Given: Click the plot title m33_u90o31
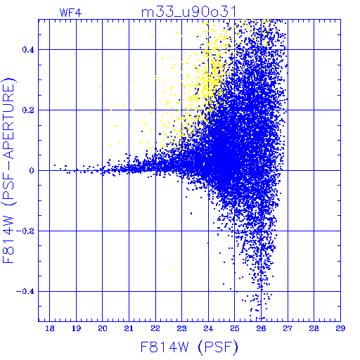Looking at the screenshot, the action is click(188, 12).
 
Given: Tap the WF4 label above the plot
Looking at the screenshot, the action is click(70, 13).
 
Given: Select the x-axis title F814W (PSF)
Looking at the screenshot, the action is click(189, 347).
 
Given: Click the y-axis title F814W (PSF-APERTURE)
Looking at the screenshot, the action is click(8, 170).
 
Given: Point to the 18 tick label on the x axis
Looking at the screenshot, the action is click(50, 328).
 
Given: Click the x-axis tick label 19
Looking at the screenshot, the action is click(76, 328).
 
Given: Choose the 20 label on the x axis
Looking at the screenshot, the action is click(103, 328).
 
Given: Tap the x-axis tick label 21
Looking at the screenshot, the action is click(129, 328).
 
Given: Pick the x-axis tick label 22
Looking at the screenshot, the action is click(155, 328).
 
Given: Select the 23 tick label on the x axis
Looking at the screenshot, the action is click(182, 328).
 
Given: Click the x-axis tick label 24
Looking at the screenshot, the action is click(208, 328).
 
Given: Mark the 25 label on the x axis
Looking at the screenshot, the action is click(235, 328).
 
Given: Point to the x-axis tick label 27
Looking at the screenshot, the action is click(288, 328).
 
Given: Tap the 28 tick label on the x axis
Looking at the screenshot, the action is click(314, 328).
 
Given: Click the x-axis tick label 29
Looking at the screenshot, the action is click(340, 328).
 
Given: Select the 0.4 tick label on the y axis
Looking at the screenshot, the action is click(28, 50).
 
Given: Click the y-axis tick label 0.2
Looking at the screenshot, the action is click(28, 110).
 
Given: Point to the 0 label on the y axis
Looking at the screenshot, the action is click(32, 171).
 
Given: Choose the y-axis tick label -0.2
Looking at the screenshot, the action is click(25, 231).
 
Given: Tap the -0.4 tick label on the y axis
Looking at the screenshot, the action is click(25, 292).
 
